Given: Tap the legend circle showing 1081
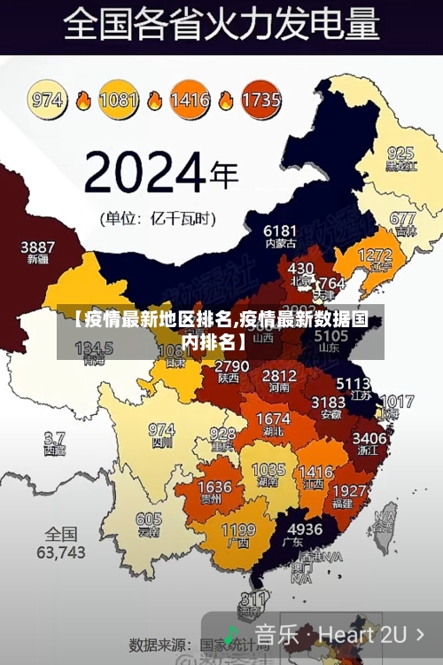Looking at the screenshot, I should [x=118, y=99].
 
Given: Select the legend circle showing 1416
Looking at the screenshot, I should [x=190, y=99].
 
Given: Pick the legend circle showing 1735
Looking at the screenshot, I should [x=260, y=99].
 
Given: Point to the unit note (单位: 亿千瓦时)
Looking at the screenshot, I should [x=158, y=217].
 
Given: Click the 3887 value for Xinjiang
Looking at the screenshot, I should [x=38, y=246].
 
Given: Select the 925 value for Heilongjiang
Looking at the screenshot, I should [x=400, y=153].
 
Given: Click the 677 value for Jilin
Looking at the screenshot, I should [x=402, y=218].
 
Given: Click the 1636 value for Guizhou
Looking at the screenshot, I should [x=214, y=487].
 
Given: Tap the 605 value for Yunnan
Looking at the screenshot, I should [x=149, y=520].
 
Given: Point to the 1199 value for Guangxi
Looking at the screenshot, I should [x=237, y=530].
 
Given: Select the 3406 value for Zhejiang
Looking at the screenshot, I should [x=369, y=438].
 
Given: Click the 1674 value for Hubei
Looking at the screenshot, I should [x=273, y=419].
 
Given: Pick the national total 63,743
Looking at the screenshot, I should [x=61, y=552].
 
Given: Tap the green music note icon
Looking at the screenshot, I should [x=231, y=635].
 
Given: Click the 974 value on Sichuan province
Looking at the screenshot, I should [x=161, y=429].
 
